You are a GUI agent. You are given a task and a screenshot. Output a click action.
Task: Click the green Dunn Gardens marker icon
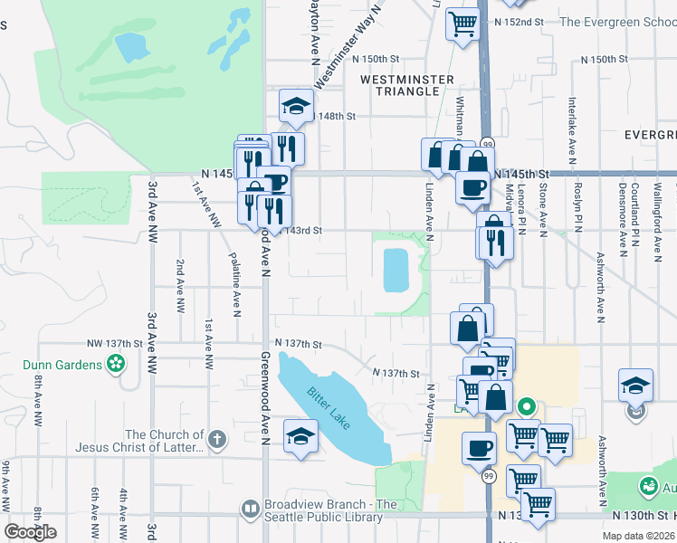pos(116,365)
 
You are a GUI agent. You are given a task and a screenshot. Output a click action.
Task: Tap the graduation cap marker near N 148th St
pos(296,108)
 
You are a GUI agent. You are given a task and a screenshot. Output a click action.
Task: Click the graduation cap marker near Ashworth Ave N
pos(635,385)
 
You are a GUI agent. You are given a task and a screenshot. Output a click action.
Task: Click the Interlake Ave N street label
pos(572,123)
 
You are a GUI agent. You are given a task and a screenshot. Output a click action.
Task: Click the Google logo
pos(31,532)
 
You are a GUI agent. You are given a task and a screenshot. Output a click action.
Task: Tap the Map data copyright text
pos(638,536)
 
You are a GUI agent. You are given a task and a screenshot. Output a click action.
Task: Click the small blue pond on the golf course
pos(131,44)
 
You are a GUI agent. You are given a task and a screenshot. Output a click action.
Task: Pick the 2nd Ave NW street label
pos(180,287)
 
